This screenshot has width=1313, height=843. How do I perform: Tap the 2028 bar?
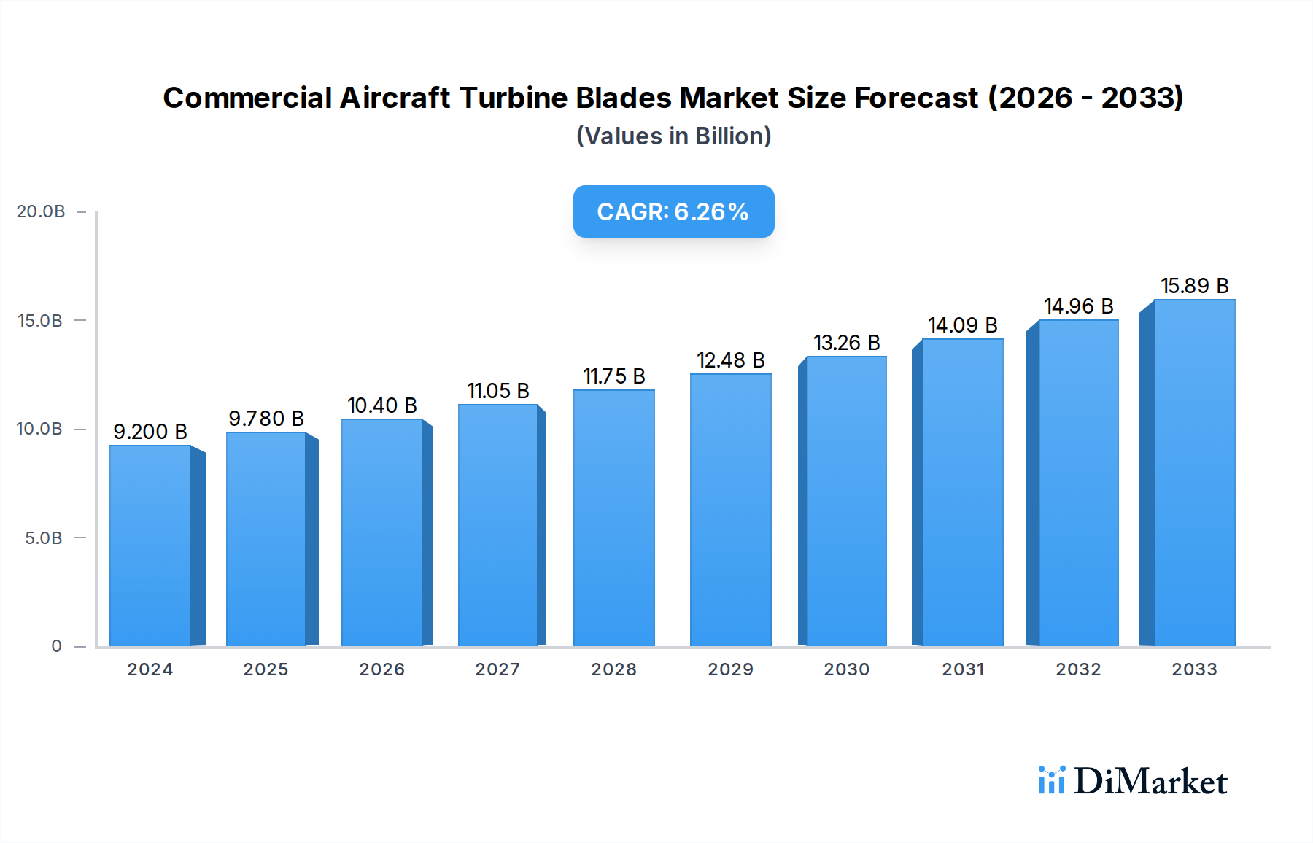coord(613,518)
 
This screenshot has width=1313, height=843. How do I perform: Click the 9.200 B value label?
coord(150,432)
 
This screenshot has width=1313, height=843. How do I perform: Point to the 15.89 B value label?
coord(1194,286)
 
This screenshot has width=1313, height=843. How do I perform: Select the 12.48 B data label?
coord(730,360)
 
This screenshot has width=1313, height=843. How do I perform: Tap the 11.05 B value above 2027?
coord(498,391)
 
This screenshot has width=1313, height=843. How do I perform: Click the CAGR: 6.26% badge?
coord(673,211)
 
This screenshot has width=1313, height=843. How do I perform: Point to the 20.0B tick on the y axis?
coord(41,211)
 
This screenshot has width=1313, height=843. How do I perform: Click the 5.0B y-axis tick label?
coord(44,538)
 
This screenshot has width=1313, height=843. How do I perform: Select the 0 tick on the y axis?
coord(56,646)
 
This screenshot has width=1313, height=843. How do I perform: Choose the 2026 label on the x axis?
coord(381,669)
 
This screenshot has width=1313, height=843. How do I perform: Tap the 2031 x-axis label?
coord(963,669)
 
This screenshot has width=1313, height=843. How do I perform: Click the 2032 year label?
coord(1078,669)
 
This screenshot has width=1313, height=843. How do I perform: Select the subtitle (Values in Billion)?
coord(673,136)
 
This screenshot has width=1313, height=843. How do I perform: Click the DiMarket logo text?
coord(1150,782)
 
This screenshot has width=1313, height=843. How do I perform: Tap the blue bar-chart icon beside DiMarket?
coord(1051,780)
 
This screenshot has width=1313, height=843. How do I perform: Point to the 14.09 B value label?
coord(962,325)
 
